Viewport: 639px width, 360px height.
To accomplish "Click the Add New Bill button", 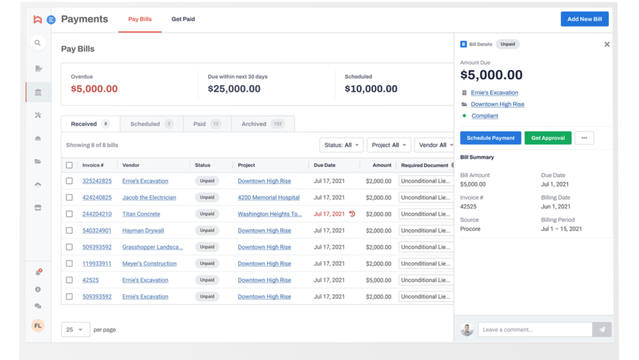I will [584, 19].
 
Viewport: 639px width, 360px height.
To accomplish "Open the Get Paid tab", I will [183, 19].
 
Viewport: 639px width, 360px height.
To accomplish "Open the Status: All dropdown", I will [341, 145].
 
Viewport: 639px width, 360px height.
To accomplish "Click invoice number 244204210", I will [97, 214].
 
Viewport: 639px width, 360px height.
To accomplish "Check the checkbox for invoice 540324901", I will [69, 231].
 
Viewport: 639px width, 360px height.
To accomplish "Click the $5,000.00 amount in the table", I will [378, 280].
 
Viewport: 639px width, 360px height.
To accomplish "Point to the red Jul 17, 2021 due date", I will [329, 214].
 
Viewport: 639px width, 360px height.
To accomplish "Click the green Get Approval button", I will [548, 138].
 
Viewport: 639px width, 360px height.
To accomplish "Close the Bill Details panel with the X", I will [606, 44].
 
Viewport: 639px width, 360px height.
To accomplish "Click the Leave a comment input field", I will [535, 330].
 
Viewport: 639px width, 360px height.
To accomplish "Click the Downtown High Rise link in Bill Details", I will [497, 104].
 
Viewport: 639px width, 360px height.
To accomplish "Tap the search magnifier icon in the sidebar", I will [38, 43].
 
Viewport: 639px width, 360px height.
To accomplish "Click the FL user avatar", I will [38, 326].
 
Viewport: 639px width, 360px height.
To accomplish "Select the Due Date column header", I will [325, 165].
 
